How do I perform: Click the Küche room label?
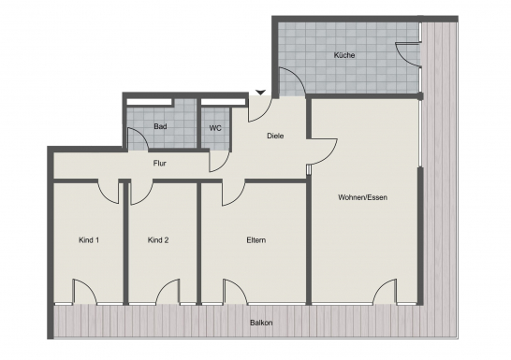344,55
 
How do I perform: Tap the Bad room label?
160,126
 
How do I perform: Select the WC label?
215,128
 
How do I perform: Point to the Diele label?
275,136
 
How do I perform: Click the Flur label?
160,163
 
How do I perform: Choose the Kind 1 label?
89,240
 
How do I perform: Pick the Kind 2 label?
158,240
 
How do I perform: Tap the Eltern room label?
256,240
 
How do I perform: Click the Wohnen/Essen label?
363,197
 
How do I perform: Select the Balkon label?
261,323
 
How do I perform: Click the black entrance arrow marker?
260,93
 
